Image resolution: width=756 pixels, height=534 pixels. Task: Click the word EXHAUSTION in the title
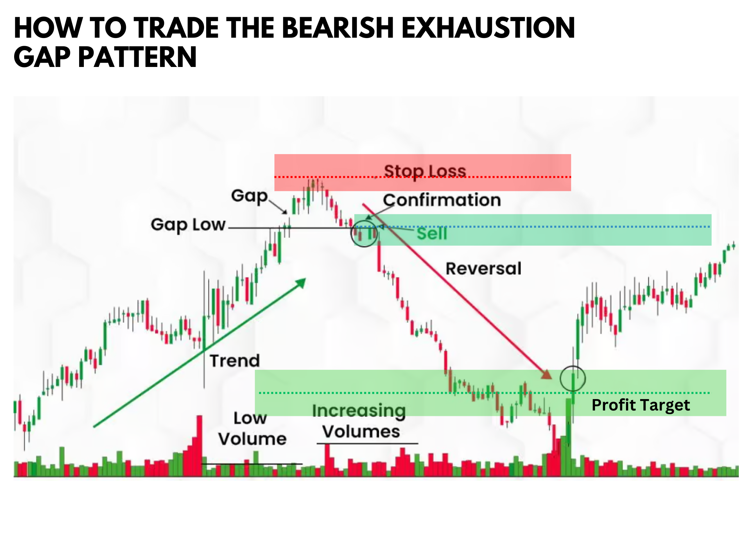(488, 28)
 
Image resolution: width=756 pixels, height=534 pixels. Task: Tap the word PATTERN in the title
(137, 57)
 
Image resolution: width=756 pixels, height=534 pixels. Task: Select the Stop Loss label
(425, 171)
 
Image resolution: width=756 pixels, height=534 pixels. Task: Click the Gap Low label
(188, 224)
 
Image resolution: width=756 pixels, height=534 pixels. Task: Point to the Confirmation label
(442, 200)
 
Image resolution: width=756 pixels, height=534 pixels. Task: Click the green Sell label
(432, 233)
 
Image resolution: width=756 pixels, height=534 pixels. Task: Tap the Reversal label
(484, 269)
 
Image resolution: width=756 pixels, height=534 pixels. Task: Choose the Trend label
(235, 361)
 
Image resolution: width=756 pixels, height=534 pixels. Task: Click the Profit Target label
(641, 405)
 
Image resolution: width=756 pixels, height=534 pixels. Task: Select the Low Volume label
(252, 428)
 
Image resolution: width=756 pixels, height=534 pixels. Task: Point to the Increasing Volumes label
(359, 421)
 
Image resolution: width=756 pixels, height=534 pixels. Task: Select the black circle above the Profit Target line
(561, 378)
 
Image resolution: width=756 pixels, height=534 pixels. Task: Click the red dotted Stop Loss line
(423, 177)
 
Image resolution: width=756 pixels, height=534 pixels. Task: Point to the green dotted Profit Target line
(484, 393)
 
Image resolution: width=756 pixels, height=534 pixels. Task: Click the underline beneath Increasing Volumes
(367, 443)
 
